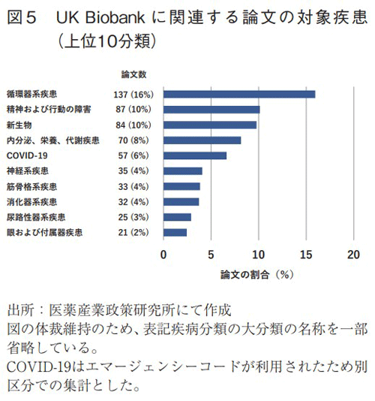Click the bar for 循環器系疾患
tap(239, 95)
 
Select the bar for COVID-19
tap(195, 155)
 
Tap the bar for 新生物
tap(210, 125)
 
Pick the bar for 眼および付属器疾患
tap(175, 233)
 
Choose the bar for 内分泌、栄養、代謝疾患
tap(202, 140)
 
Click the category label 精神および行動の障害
tap(48, 110)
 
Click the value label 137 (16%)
tap(132, 95)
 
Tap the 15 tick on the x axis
tap(306, 255)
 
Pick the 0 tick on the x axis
tap(163, 255)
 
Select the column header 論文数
tap(133, 74)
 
